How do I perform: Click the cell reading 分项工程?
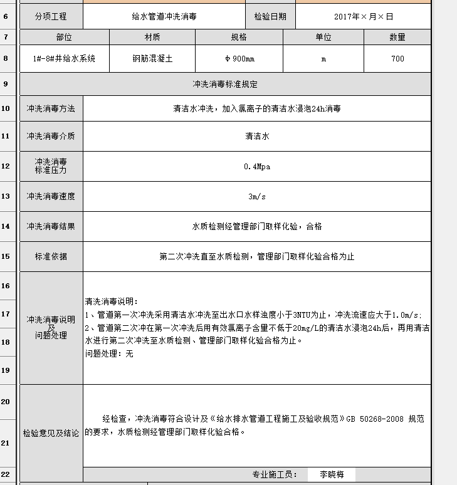pos(51,16)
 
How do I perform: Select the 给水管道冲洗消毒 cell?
pos(164,16)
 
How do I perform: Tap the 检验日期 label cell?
pos(270,16)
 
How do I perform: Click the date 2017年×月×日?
pos(363,16)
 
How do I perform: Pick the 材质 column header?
pos(152,38)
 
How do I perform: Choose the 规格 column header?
pos(239,38)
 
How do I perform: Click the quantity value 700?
pos(397,59)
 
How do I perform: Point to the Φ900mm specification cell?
pos(239,59)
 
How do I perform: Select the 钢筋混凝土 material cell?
pos(152,59)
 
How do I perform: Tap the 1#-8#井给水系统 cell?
pos(64,59)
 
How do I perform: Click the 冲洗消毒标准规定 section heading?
pos(225,84)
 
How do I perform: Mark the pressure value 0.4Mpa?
pos(256,167)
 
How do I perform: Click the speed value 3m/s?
pos(256,196)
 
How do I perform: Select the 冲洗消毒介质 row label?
pos(51,136)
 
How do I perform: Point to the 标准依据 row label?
pos(51,256)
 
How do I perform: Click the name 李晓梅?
pos(331,475)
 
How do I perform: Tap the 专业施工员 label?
pos(275,475)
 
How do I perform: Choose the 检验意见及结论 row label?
pos(51,433)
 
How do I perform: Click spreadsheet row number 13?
pos(6,196)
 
